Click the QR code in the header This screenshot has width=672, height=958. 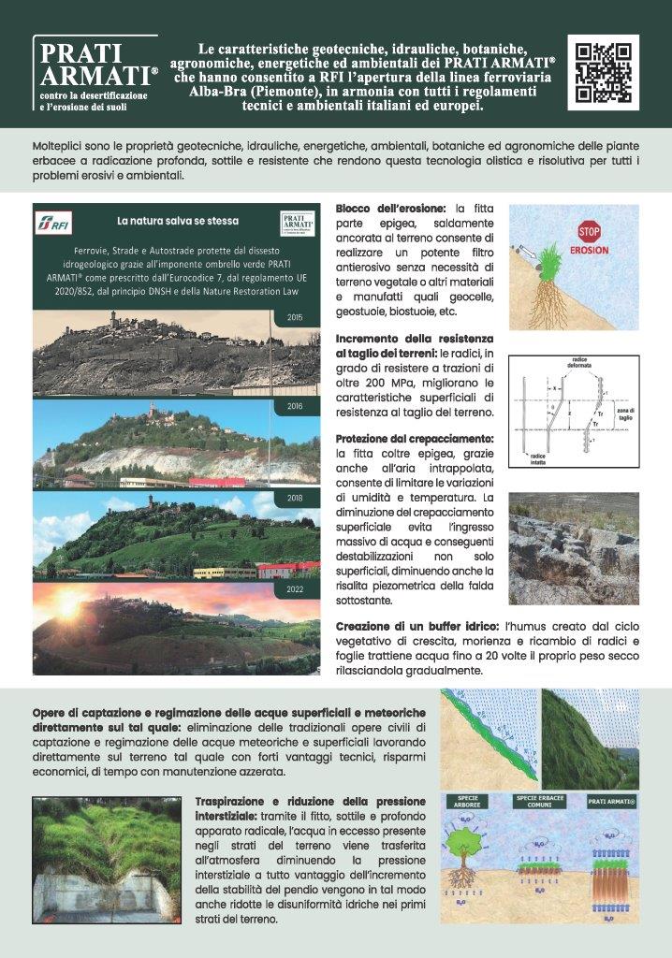coord(603,73)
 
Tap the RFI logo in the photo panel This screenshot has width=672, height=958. coord(55,225)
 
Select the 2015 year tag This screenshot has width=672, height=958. coord(297,318)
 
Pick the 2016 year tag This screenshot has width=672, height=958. coord(297,408)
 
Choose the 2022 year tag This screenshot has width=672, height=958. coord(297,590)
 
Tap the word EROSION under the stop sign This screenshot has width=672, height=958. coord(589,250)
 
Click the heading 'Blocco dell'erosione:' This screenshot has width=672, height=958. coord(392,207)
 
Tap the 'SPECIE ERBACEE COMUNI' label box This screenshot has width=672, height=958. coord(545,802)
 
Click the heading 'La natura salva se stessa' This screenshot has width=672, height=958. coord(177,222)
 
